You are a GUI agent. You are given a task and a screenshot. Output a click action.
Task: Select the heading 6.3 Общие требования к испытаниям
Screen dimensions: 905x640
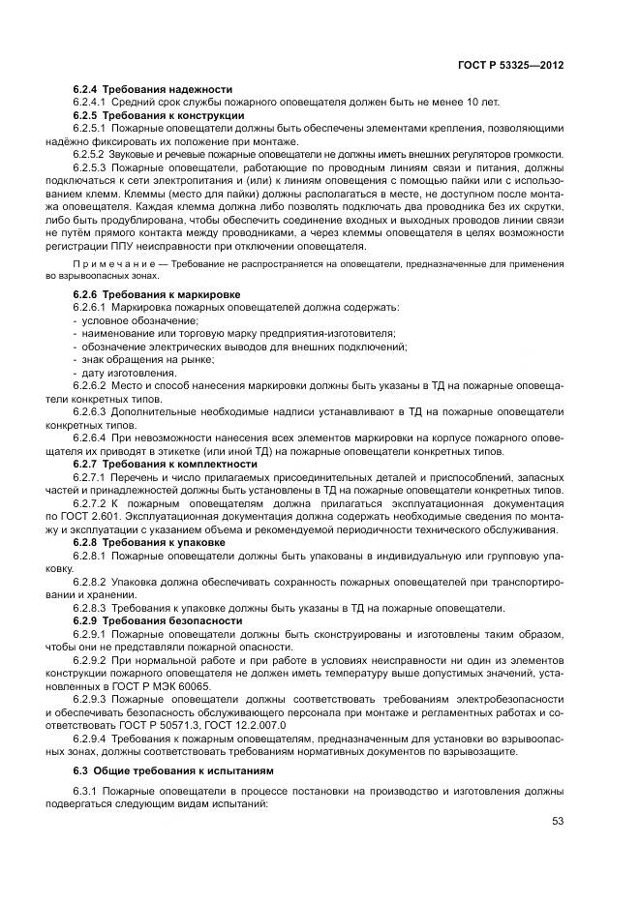tap(159, 770)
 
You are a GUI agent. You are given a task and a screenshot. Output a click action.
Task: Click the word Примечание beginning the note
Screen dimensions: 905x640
tap(111, 263)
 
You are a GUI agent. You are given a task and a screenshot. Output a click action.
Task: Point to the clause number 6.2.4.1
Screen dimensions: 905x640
tap(90, 102)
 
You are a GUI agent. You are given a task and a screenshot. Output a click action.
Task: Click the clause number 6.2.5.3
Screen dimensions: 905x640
tap(90, 167)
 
